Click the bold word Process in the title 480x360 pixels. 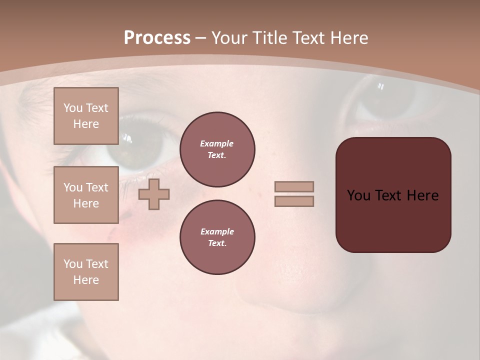(x=157, y=38)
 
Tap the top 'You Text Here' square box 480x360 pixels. (x=86, y=116)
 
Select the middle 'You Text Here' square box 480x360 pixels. (x=86, y=195)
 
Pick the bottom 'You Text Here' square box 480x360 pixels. (x=86, y=272)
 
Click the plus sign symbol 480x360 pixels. (x=154, y=194)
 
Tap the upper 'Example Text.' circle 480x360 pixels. (x=217, y=149)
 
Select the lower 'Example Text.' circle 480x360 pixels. (x=217, y=237)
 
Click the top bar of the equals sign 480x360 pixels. (x=294, y=187)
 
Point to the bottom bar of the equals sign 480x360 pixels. (x=294, y=201)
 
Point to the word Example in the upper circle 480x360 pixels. (x=217, y=144)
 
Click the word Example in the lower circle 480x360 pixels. (x=217, y=232)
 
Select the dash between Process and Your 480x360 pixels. (x=201, y=38)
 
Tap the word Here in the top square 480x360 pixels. (x=86, y=124)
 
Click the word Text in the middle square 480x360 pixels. (x=96, y=187)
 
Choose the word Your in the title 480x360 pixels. (x=229, y=38)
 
